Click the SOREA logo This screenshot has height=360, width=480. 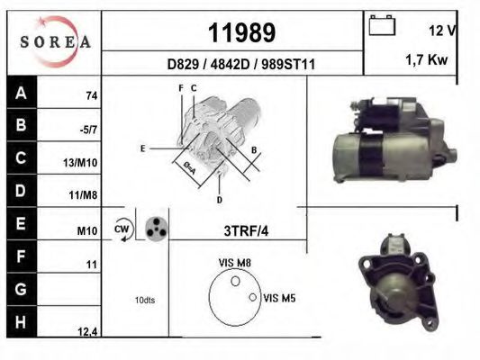[x=55, y=42]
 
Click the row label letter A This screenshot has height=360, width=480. [x=21, y=91]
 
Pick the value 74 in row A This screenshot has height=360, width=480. [x=91, y=95]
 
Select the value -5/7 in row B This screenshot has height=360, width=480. [x=89, y=129]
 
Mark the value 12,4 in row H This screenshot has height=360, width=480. [x=87, y=332]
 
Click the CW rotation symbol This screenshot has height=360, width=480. [x=122, y=229]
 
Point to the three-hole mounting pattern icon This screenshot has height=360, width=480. [x=155, y=229]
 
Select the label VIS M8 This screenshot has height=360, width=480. [x=233, y=263]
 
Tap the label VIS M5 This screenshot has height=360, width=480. [x=280, y=297]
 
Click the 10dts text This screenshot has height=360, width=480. [x=144, y=300]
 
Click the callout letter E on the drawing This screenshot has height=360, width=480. [x=142, y=148]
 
